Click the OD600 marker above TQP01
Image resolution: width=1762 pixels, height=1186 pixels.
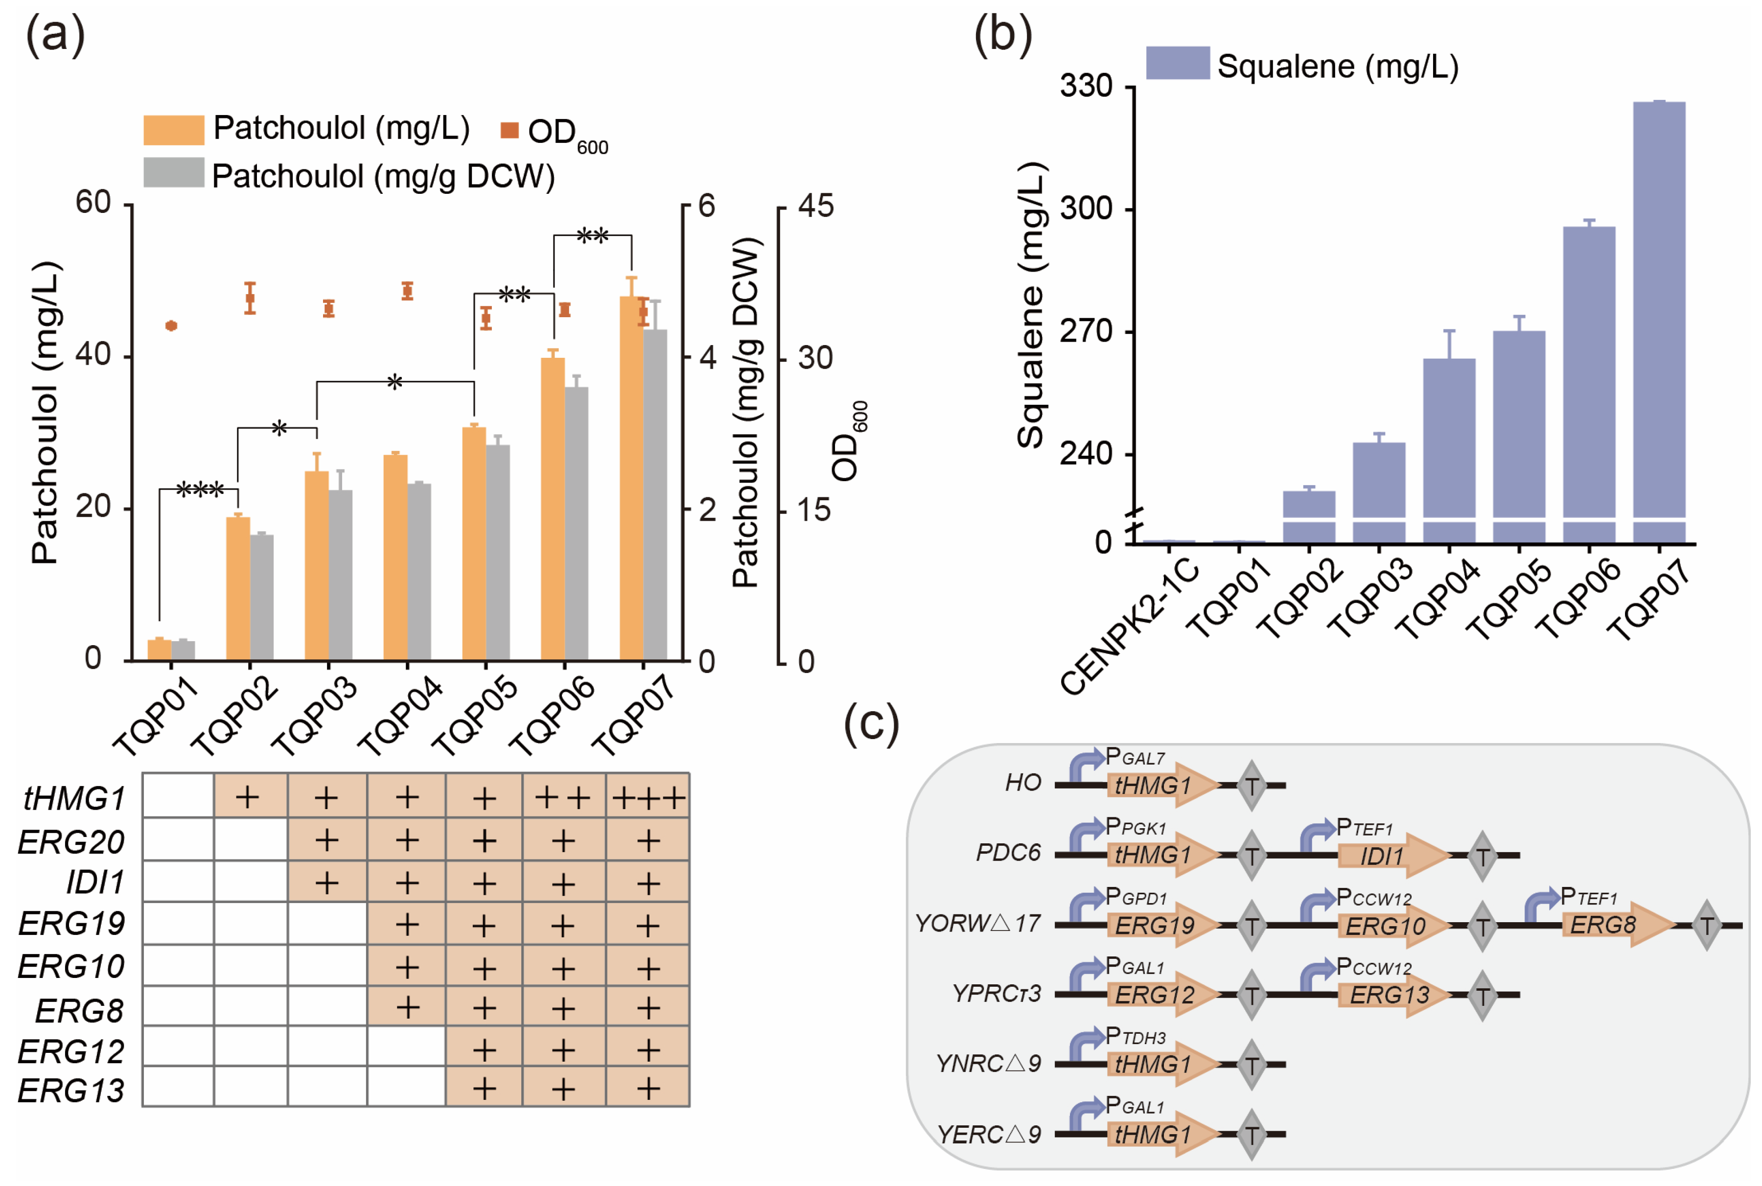[171, 326]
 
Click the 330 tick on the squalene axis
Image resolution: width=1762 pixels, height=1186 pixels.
[1086, 87]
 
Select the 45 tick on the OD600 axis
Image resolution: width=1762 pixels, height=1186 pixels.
[815, 206]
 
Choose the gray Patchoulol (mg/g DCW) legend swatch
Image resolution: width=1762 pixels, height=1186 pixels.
[173, 173]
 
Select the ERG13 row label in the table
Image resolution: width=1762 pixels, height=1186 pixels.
[71, 1091]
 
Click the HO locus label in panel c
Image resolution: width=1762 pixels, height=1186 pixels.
[1022, 783]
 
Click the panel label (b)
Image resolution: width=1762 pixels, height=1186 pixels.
[1002, 36]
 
